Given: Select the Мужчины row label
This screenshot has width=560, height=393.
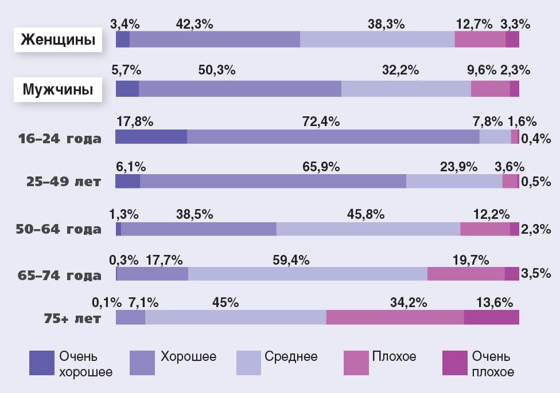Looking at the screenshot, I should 57,89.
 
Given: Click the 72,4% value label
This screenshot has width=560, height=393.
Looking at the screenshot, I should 321,121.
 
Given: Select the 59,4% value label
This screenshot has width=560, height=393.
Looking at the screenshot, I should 291,260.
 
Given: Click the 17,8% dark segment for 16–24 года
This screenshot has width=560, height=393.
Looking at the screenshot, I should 151,137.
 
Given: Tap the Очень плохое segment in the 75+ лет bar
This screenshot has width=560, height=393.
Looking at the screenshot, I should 491,317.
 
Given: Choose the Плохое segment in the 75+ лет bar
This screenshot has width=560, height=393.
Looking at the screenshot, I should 395,317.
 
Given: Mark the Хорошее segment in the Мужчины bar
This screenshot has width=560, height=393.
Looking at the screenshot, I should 240,89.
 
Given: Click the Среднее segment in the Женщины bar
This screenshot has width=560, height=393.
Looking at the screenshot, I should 377,39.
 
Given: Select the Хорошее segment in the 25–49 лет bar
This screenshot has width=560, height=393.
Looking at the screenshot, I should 273,181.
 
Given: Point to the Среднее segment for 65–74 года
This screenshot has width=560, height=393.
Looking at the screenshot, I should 308,274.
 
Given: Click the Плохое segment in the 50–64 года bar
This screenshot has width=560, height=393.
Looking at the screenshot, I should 485,229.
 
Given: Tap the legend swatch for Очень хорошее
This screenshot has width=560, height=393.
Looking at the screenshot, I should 41,363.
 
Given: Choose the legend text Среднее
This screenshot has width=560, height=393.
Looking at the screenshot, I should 291,357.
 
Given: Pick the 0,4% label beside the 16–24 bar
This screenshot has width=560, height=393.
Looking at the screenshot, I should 536,138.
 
